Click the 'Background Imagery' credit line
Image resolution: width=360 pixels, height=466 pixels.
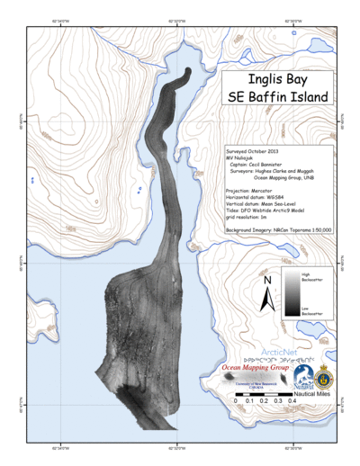click(278, 230)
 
